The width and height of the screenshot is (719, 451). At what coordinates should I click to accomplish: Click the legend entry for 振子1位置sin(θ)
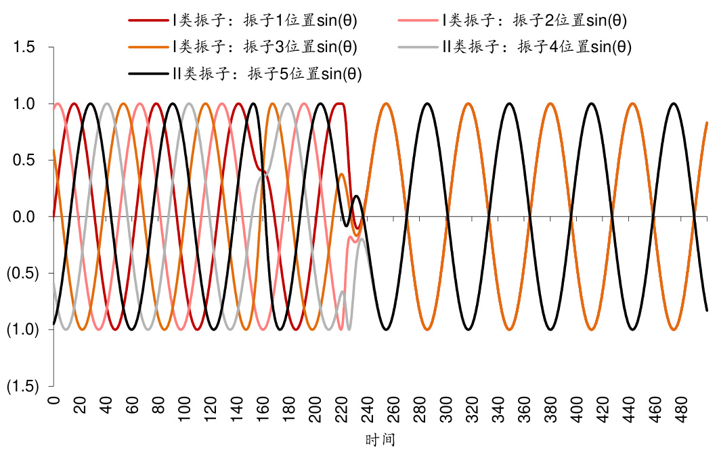coord(265,20)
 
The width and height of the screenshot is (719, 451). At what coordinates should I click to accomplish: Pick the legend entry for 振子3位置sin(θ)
coord(265,47)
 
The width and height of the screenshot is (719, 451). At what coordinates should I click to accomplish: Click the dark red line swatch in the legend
coord(148,20)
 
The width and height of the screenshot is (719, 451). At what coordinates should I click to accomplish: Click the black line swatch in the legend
coord(148,74)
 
